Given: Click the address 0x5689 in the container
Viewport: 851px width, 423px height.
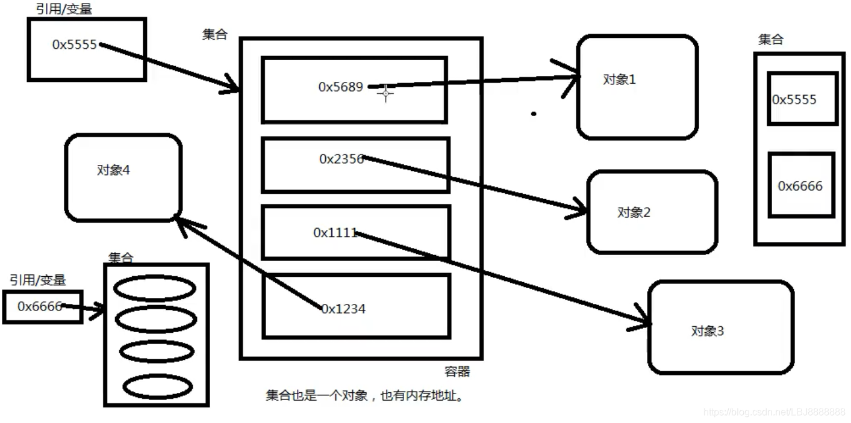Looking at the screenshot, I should (340, 87).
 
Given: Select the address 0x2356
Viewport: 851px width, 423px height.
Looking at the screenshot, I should (341, 159).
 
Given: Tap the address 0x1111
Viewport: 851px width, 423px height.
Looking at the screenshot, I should (335, 233).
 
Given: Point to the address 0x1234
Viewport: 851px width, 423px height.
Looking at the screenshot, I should (343, 309).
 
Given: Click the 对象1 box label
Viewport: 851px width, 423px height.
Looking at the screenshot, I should (619, 79).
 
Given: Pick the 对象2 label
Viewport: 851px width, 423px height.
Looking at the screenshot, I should (634, 212).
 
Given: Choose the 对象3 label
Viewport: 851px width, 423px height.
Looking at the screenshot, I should (708, 331).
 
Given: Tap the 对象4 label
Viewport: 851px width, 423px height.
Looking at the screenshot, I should (113, 170).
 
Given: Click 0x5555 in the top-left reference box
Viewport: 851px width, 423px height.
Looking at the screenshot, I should (75, 45).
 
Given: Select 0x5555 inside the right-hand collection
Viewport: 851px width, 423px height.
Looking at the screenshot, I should (794, 100).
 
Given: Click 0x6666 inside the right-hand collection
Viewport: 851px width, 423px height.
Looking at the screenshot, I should (800, 187).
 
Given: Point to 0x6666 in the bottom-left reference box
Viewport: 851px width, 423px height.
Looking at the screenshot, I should (40, 307).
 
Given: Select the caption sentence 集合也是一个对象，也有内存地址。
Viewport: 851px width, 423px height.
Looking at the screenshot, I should (366, 396).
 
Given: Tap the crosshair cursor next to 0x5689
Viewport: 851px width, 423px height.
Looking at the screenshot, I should (385, 93).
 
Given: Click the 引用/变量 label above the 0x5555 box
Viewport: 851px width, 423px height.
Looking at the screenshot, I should (64, 9).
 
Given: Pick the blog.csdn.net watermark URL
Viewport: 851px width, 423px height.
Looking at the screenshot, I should (775, 412).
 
